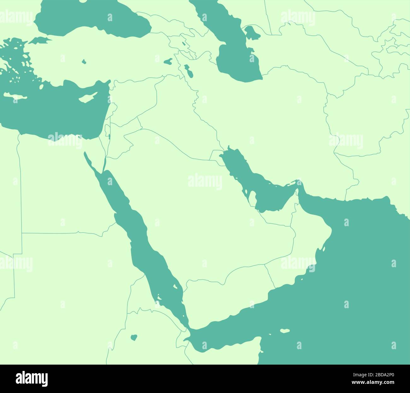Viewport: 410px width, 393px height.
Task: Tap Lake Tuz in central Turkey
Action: point(84,62)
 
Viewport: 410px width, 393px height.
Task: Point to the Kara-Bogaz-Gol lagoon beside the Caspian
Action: point(250,32)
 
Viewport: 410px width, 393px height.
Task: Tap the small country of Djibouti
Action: point(182,337)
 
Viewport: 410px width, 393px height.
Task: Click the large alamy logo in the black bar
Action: point(32,378)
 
